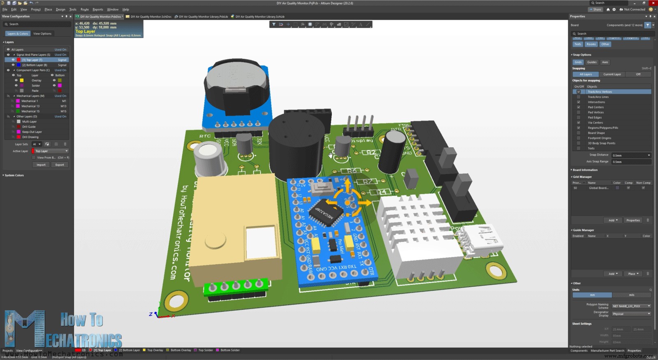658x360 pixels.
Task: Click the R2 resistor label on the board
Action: click(371, 152)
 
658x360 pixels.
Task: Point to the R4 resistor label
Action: click(382, 192)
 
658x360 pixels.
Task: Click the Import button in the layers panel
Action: click(41, 165)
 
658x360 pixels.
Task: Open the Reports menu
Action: click(98, 9)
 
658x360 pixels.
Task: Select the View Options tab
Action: click(42, 34)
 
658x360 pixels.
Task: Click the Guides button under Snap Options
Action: click(592, 62)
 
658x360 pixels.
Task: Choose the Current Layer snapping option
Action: click(612, 74)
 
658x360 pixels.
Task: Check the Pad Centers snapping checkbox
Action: click(579, 107)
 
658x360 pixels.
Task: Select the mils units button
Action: click(631, 295)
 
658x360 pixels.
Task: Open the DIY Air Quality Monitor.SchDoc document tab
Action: click(151, 17)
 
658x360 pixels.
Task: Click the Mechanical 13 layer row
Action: click(30, 106)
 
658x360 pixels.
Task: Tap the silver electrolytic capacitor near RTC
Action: click(211, 158)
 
